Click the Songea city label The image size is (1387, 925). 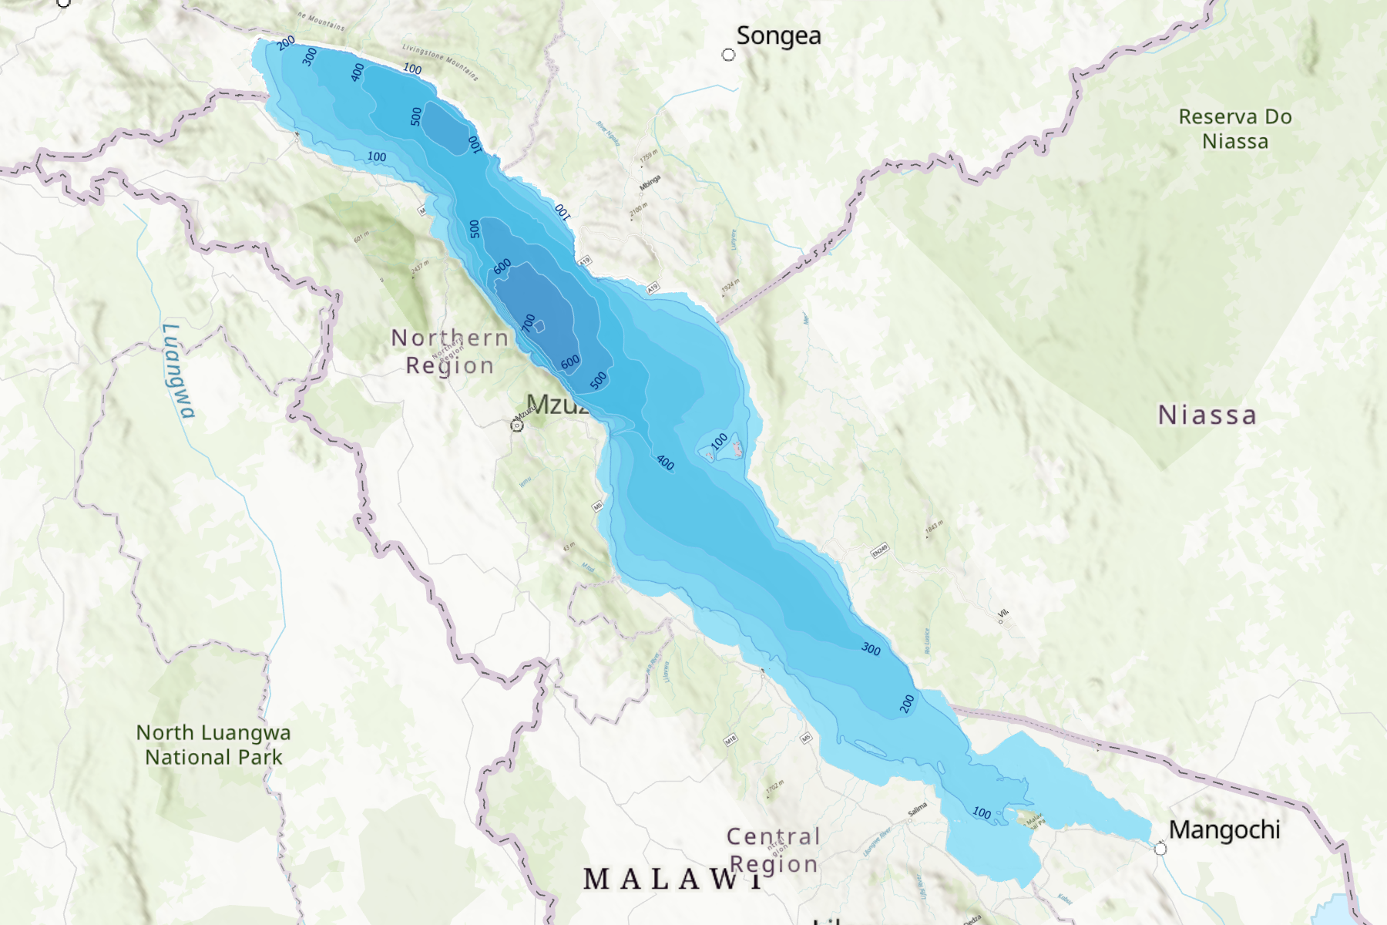point(778,36)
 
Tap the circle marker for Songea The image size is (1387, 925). point(728,55)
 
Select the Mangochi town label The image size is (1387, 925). point(1224,830)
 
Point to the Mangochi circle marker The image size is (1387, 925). point(1160,849)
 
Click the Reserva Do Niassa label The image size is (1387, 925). point(1235,129)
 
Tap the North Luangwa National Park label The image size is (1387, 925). point(213,745)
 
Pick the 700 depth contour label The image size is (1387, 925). point(529,322)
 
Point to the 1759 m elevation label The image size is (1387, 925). point(649,157)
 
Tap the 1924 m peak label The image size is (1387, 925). point(730,287)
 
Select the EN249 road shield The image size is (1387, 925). point(880,550)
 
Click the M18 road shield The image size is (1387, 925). point(730,740)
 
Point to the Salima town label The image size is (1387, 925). point(917,809)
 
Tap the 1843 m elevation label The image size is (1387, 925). point(934,529)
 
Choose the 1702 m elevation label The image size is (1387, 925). point(774,788)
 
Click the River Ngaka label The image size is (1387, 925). point(608,133)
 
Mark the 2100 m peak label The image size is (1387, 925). point(640,210)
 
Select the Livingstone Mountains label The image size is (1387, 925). point(440,62)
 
